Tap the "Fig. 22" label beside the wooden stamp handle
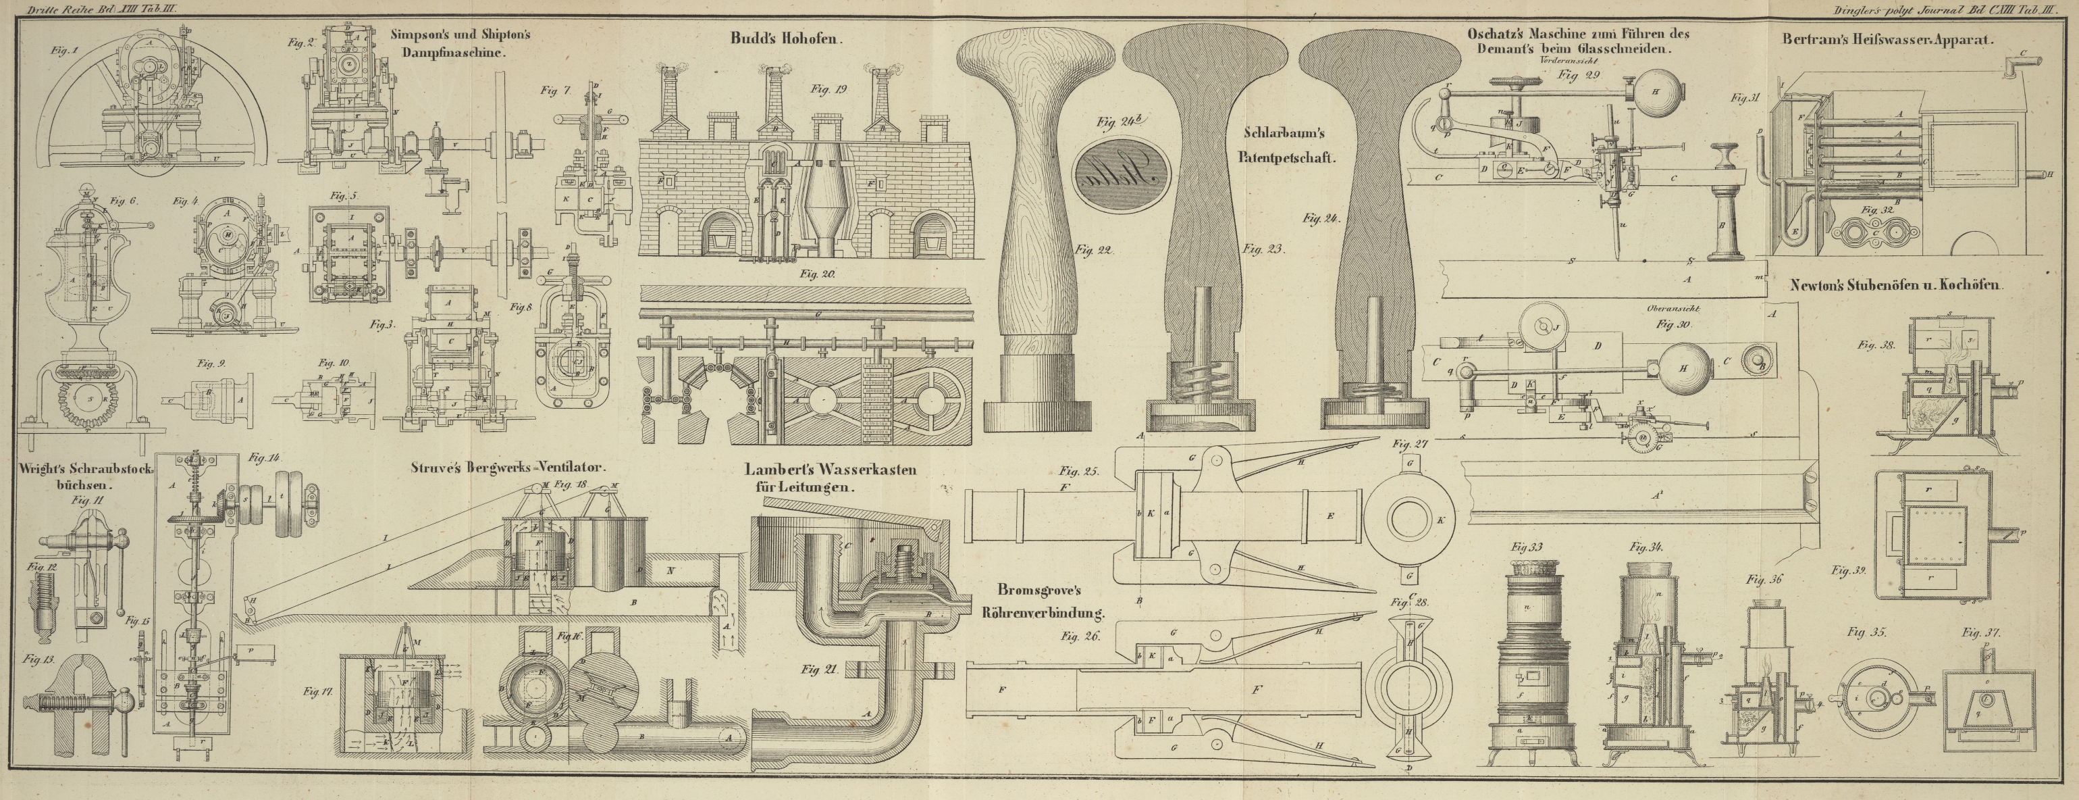[1094, 250]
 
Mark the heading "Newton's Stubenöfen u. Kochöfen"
[1897, 284]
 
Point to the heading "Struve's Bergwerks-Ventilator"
[508, 468]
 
